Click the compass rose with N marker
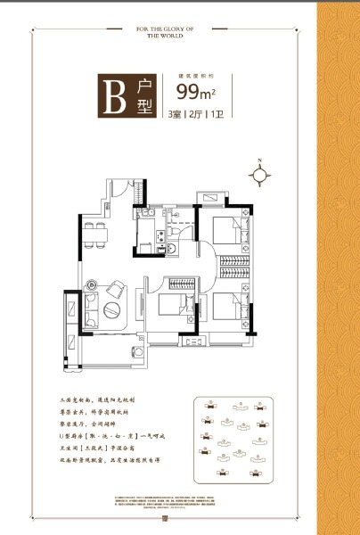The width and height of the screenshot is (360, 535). tap(259, 175)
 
